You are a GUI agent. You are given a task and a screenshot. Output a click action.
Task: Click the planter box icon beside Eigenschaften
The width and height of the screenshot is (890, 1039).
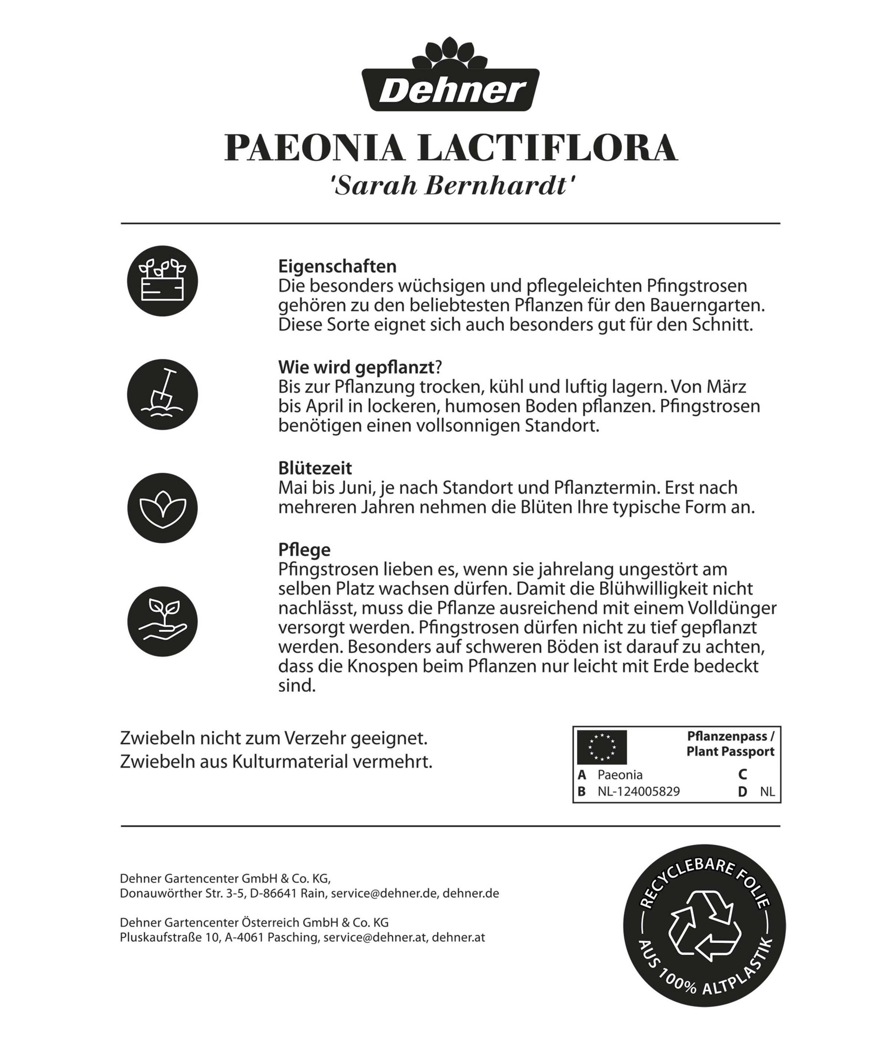pos(162,281)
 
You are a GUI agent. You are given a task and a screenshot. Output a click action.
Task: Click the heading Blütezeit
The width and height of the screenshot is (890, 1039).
pos(315,468)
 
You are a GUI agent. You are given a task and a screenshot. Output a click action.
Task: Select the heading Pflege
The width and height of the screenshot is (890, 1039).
pos(304,550)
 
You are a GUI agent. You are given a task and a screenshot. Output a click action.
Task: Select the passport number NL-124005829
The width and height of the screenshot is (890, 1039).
pos(639,791)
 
